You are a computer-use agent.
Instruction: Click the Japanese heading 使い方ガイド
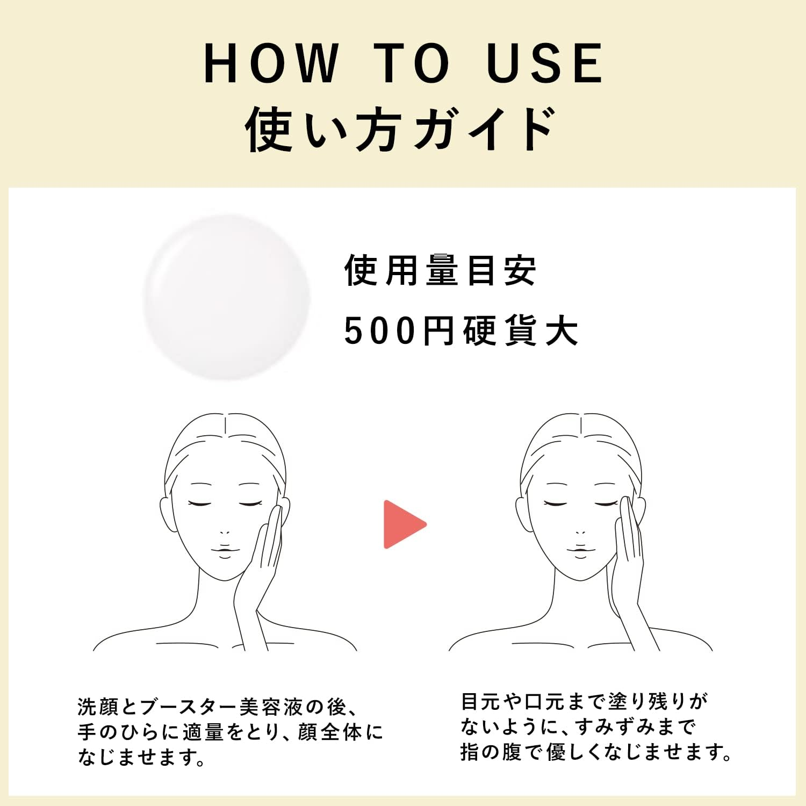[400, 129]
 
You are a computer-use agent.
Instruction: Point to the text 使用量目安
[440, 270]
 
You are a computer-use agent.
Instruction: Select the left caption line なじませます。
[142, 757]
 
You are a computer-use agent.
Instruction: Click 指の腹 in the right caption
[491, 752]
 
